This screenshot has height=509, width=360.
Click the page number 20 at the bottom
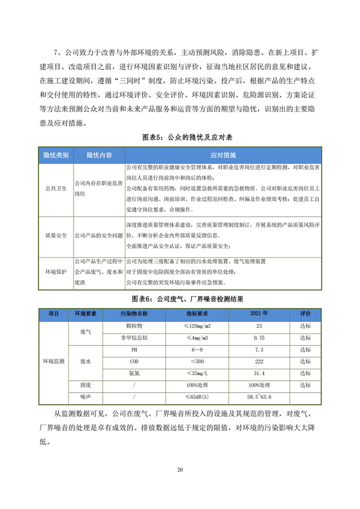179,470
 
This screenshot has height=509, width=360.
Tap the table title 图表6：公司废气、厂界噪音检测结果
179,300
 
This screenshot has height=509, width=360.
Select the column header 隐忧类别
56,155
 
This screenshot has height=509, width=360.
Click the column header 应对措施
223,155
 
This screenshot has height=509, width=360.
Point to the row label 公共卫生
56,189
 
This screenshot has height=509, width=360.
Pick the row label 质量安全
56,236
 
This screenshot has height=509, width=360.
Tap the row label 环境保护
56,272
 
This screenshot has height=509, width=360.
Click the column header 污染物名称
134,313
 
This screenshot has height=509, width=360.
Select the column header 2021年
259,313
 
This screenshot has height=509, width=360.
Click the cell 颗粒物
134,326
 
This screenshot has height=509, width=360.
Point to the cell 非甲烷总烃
134,338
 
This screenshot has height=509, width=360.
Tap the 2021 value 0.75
259,338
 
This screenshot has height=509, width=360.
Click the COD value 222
259,361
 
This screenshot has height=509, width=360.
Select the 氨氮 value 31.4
259,373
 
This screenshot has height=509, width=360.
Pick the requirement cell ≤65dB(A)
197,397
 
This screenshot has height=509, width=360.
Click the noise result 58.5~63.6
259,397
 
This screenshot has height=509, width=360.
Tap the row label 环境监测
53,361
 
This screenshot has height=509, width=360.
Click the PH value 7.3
259,350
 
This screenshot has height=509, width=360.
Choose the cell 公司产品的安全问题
99,236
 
